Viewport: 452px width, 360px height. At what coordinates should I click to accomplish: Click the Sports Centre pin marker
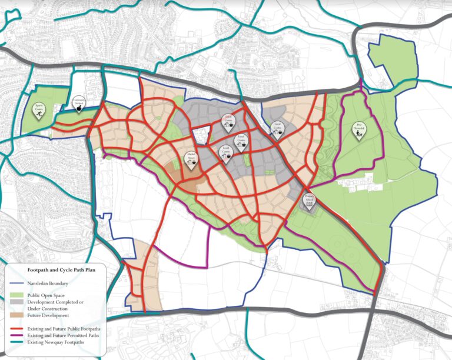click(39, 109)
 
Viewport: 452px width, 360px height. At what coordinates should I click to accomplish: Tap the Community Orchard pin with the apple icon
click(78, 104)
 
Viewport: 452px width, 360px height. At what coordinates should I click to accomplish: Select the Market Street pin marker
click(191, 160)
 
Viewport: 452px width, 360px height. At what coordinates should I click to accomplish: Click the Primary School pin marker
click(309, 201)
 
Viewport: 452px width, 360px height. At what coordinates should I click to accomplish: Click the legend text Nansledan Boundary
click(54, 283)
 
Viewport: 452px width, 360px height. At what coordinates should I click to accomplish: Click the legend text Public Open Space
click(51, 295)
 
